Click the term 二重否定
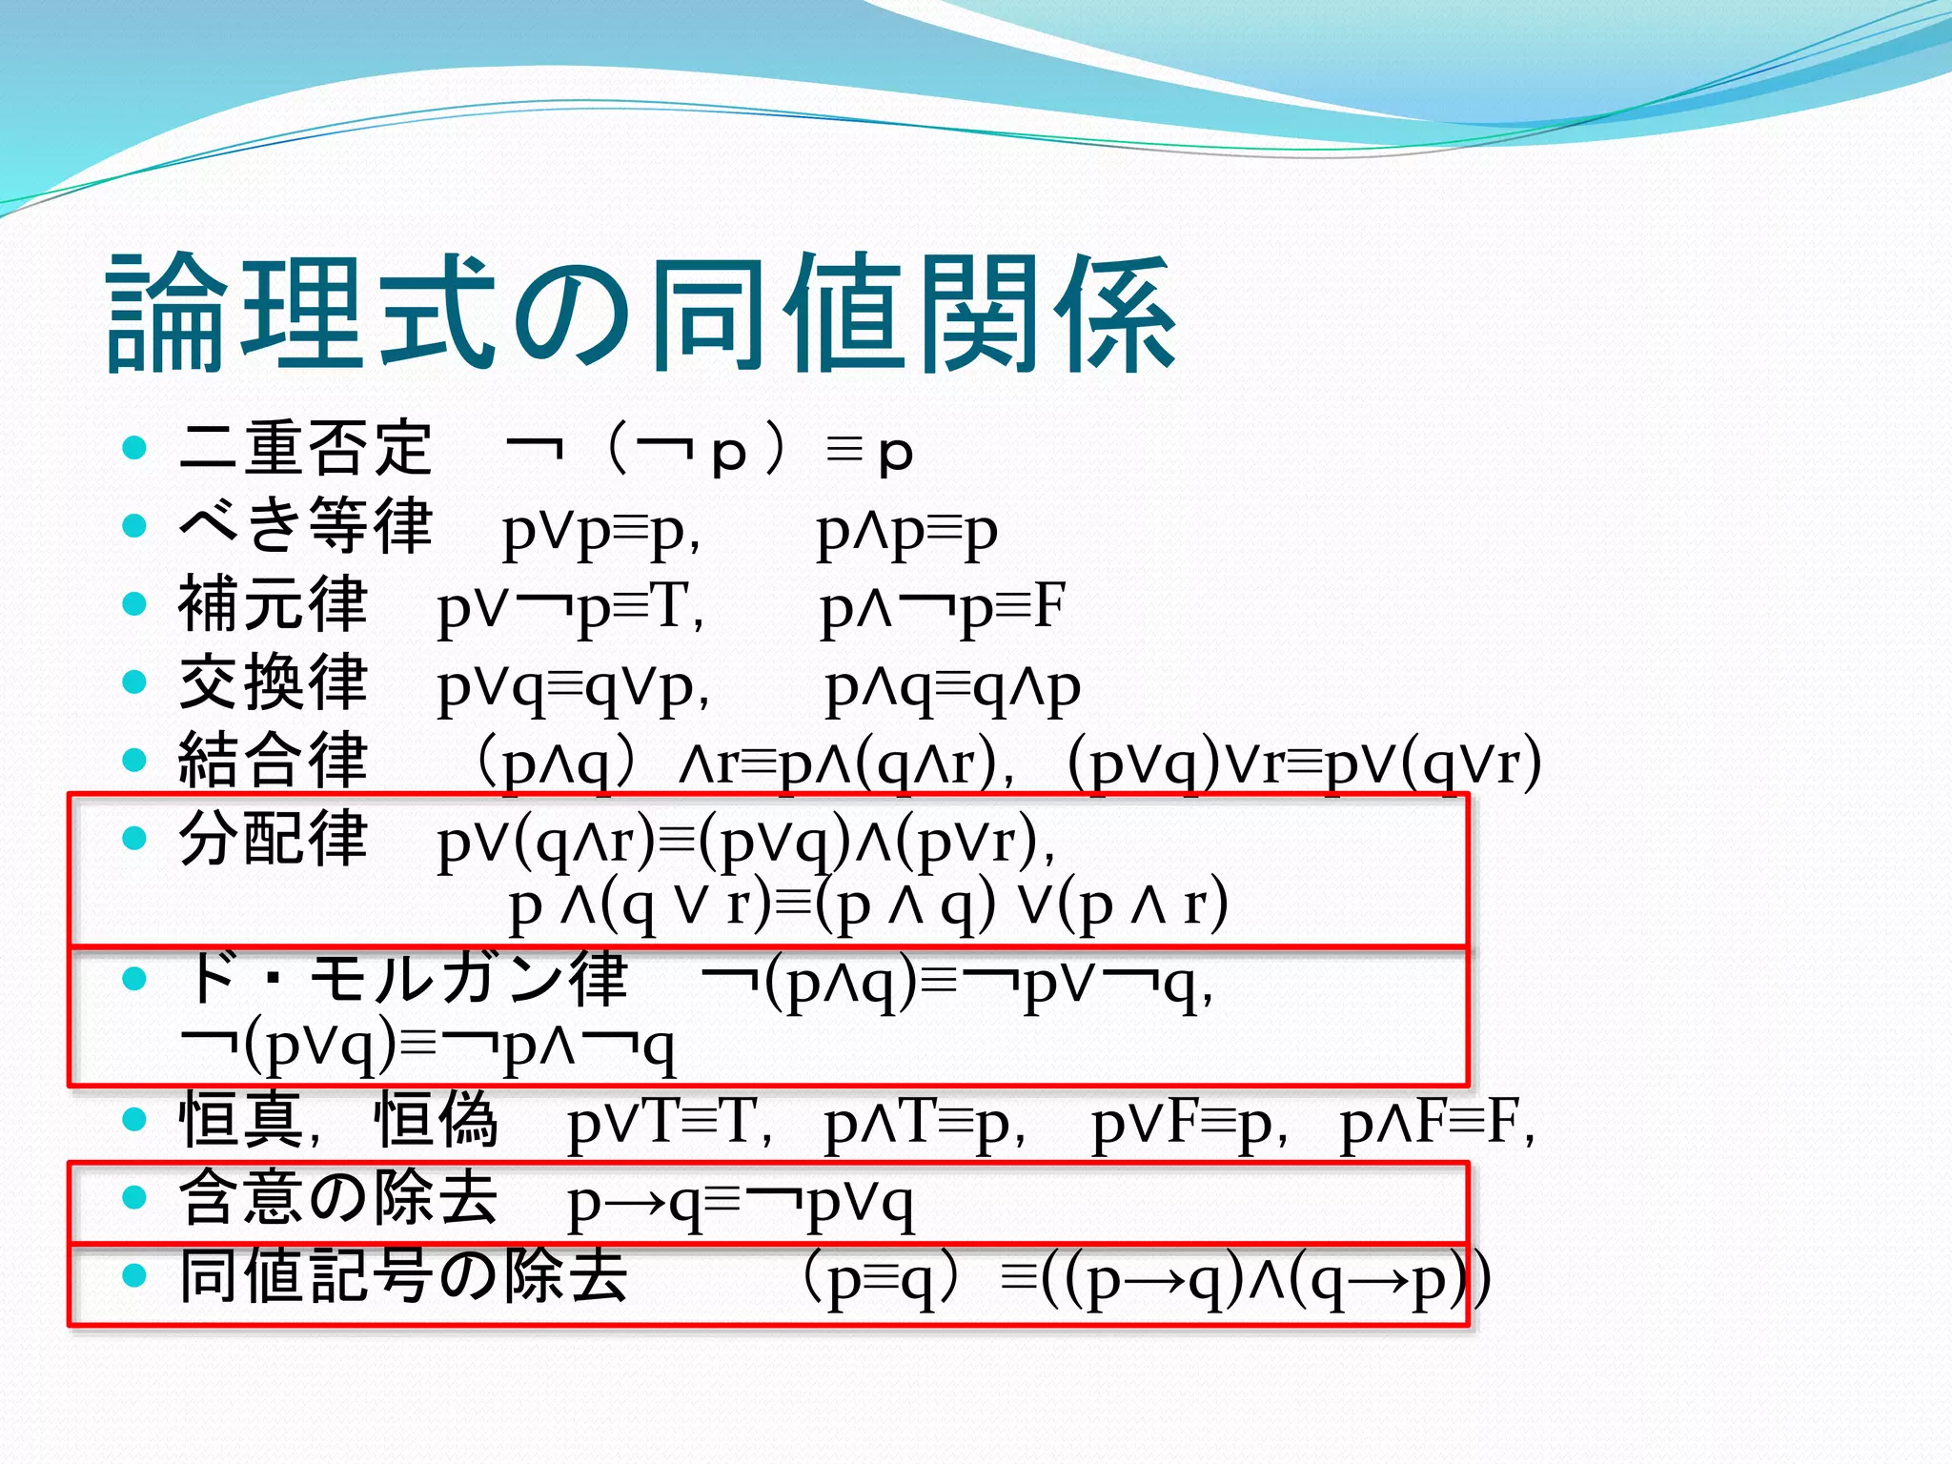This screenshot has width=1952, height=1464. [x=305, y=448]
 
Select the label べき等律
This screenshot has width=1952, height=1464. [x=305, y=526]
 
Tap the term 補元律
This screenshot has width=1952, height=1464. [x=273, y=604]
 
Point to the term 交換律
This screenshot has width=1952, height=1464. [x=273, y=682]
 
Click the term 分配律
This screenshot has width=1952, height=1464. [x=273, y=839]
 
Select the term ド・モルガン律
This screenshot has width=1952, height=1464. [x=404, y=978]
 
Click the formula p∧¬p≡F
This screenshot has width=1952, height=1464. [x=942, y=608]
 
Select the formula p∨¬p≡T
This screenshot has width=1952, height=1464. [x=570, y=608]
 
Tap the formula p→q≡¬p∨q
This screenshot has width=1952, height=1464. [x=740, y=1203]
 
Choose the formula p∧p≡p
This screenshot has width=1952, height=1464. [x=906, y=532]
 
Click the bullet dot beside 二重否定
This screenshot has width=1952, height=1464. [x=134, y=447]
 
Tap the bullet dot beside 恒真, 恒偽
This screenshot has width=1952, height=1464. [x=134, y=1119]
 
